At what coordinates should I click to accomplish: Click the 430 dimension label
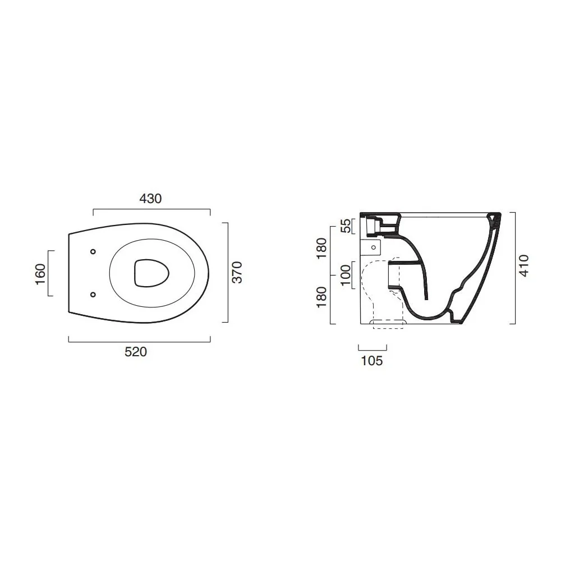150,199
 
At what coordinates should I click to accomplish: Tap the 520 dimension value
136,352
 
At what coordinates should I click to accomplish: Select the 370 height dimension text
237,272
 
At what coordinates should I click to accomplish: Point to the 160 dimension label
40,274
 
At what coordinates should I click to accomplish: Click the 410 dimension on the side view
524,265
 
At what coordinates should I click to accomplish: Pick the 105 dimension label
372,361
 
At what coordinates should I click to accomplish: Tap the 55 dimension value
346,226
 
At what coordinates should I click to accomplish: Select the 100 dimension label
346,275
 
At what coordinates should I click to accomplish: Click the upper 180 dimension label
321,249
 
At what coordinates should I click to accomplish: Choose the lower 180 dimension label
321,297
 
